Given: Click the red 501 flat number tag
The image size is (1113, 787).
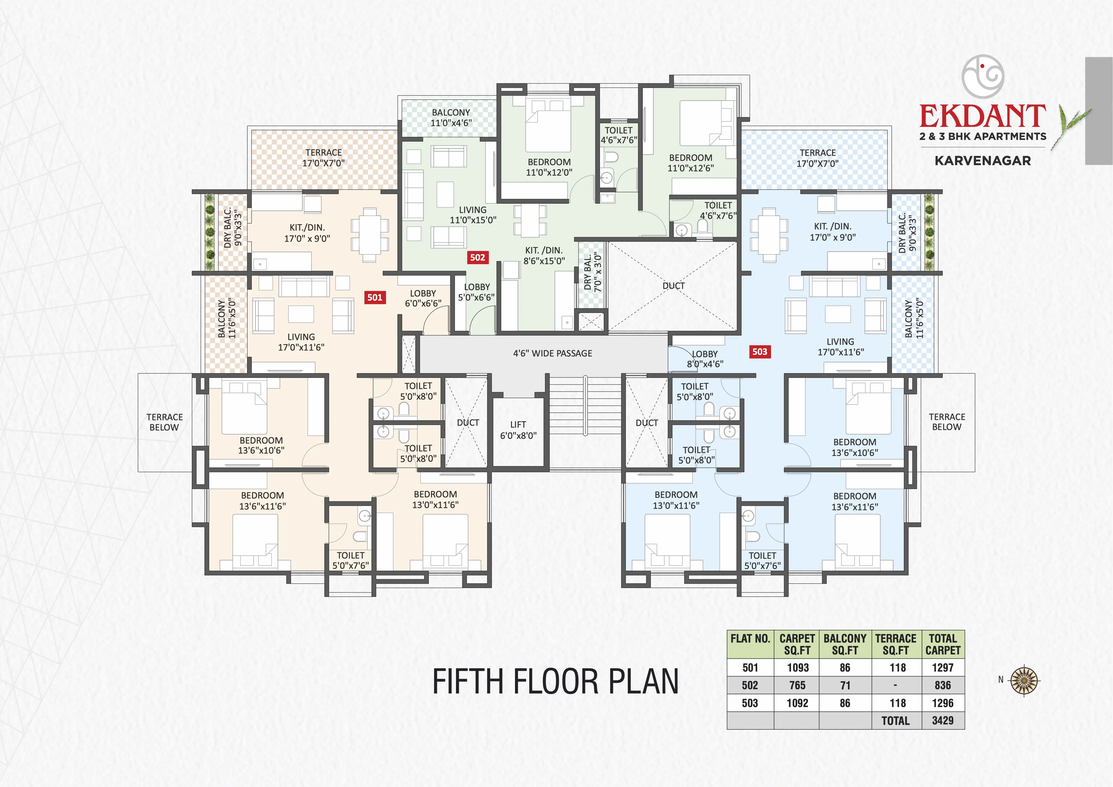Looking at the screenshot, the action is [375, 297].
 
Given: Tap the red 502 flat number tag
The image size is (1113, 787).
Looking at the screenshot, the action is [477, 257].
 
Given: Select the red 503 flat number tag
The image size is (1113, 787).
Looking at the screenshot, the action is [760, 351].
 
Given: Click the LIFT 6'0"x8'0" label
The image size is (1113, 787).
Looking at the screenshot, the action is [518, 430].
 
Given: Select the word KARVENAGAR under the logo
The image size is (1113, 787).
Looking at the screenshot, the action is [983, 160].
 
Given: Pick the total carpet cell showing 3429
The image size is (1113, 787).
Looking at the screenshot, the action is [942, 721].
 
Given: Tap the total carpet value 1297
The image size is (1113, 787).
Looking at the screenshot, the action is [942, 668].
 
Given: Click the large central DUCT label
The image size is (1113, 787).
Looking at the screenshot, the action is [673, 286].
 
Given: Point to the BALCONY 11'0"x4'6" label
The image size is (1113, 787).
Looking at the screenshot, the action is [451, 117].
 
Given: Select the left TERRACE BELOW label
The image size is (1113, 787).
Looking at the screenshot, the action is [165, 422].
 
